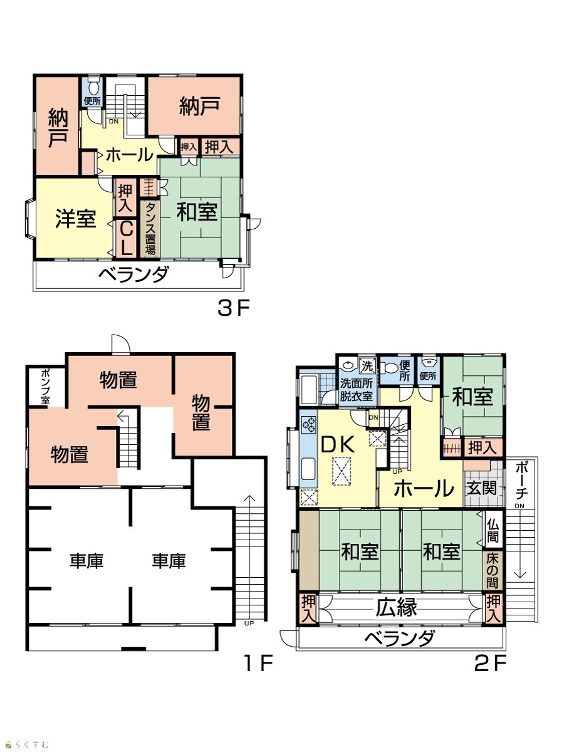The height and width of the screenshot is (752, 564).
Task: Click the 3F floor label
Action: [x=234, y=307]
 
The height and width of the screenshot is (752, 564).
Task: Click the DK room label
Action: [x=337, y=445]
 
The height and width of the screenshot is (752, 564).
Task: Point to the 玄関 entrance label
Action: [x=482, y=488]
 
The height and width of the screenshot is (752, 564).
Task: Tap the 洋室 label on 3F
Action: [x=76, y=219]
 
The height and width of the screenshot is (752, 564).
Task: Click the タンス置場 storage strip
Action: [x=150, y=229]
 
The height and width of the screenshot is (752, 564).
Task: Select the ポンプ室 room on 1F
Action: [x=46, y=387]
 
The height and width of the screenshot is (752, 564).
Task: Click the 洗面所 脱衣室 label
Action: [x=357, y=390]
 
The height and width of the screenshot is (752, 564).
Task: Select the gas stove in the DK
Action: [x=308, y=424]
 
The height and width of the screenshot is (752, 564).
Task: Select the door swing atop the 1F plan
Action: [x=121, y=343]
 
